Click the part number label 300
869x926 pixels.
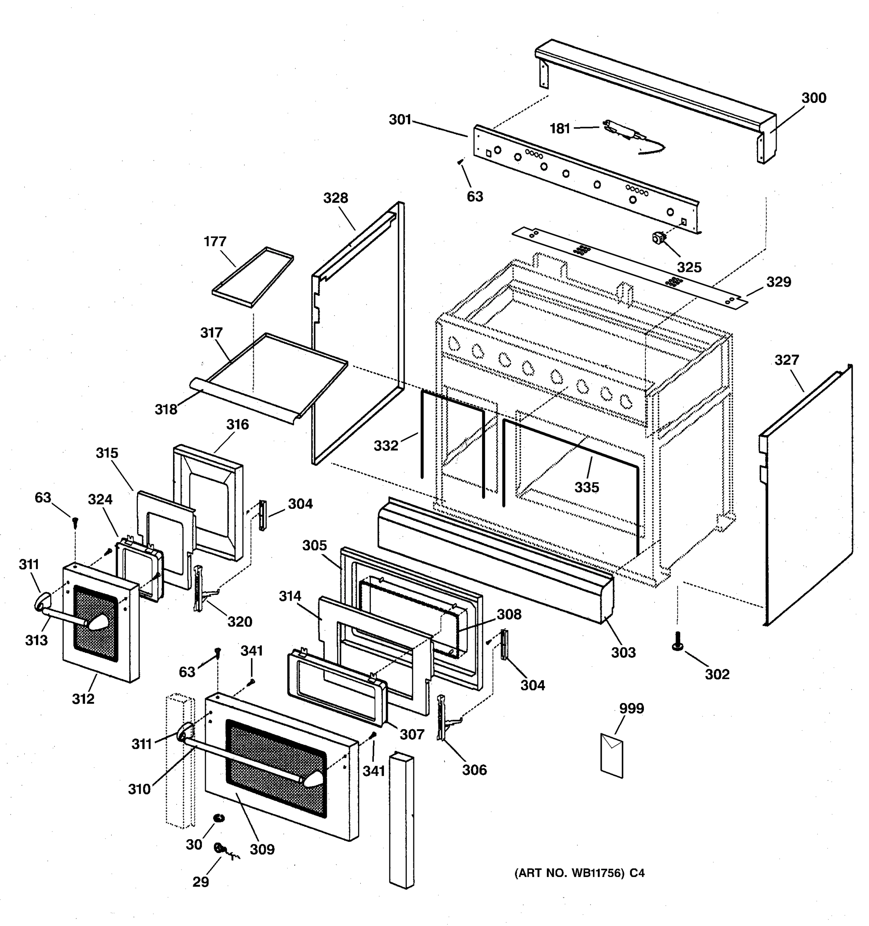tap(813, 98)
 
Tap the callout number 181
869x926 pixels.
tap(560, 128)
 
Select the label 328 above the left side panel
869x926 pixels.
tap(336, 198)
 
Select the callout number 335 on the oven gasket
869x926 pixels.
tap(587, 487)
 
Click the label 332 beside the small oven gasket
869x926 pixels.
tap(386, 446)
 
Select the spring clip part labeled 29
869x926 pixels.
tap(219, 848)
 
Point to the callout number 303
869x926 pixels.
tap(623, 652)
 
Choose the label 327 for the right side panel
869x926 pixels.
tap(786, 360)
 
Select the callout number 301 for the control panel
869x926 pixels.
tap(400, 120)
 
